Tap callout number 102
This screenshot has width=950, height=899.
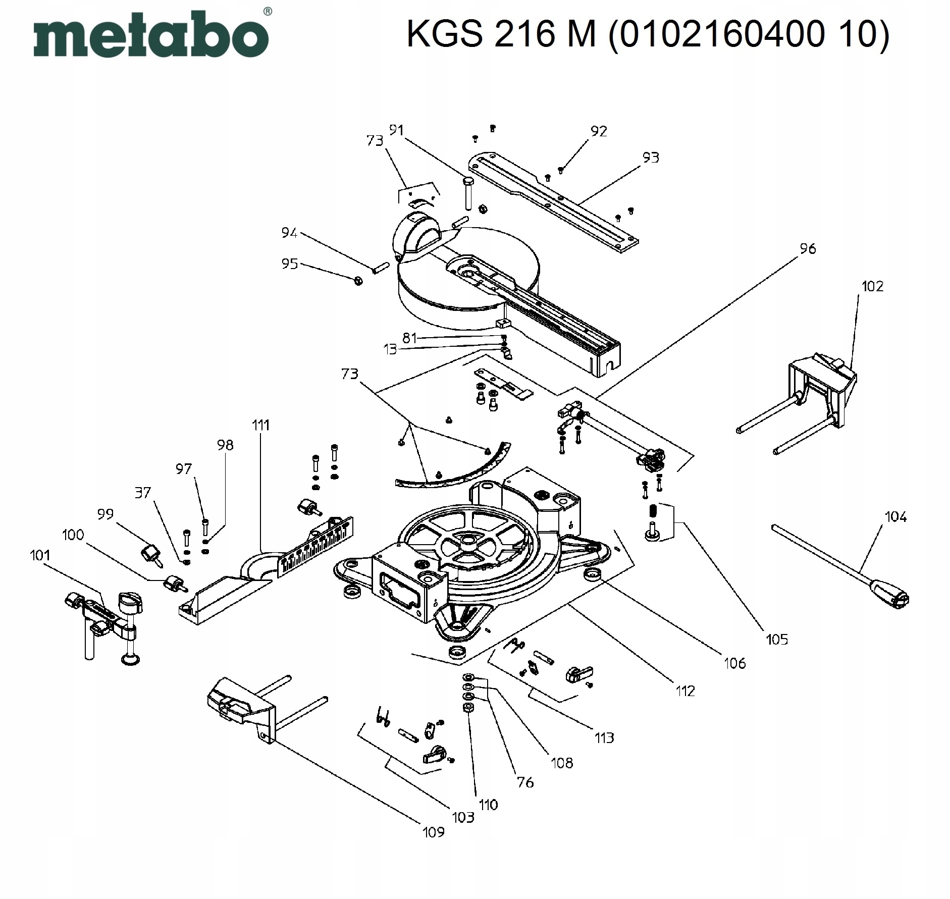point(872,287)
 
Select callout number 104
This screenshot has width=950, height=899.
point(895,517)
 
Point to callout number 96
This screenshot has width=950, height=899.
point(808,249)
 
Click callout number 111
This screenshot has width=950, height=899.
point(261,425)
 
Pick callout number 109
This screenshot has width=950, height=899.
point(433,832)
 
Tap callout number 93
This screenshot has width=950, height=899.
point(651,158)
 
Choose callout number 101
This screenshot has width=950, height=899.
point(40,556)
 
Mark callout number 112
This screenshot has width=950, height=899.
point(685,691)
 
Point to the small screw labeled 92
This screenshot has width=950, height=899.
point(561,170)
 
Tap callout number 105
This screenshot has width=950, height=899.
point(776,640)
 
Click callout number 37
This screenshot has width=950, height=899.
point(143,492)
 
